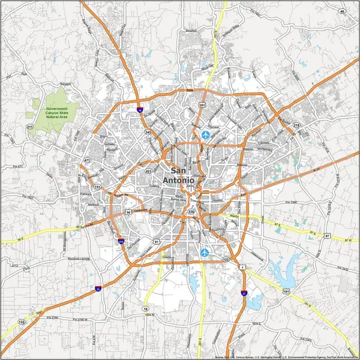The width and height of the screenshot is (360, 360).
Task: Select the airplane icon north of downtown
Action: click(206, 134)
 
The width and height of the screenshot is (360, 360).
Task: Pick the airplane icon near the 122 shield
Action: click(206, 252)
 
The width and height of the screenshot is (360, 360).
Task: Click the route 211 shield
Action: click(29, 127)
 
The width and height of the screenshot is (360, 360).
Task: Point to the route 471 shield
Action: click(87, 160)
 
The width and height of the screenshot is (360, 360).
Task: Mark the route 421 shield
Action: click(148, 171)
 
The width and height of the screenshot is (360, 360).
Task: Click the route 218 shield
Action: click(296, 125)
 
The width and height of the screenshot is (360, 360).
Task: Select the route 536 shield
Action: click(191, 212)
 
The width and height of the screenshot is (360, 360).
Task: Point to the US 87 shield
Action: click(327, 236)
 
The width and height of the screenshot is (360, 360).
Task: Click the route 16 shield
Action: click(145, 309)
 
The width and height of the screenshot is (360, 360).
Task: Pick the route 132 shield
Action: click(22, 322)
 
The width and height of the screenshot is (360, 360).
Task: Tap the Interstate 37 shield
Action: click(244, 293)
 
